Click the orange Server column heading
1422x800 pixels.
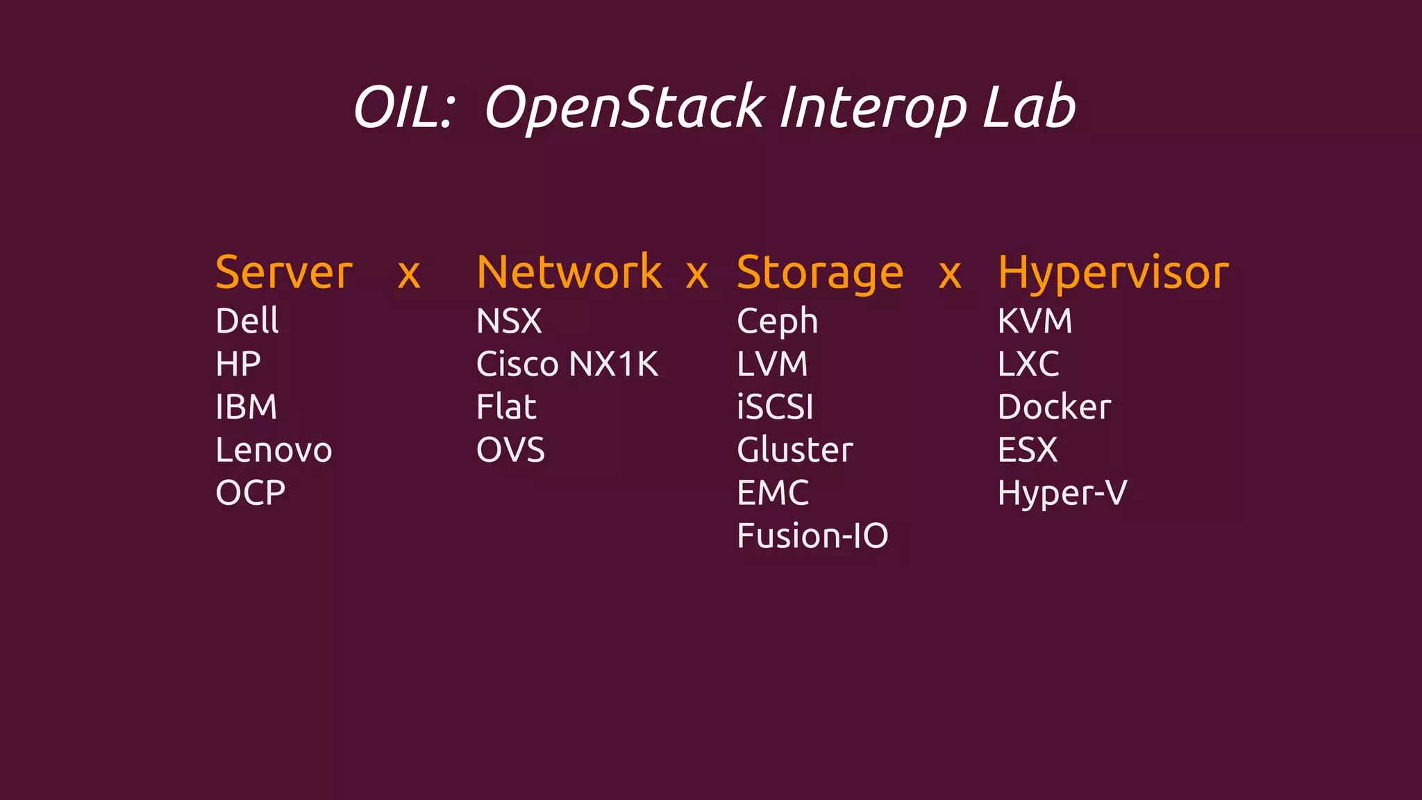(x=284, y=272)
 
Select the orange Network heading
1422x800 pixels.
(x=569, y=272)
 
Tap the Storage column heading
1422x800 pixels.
(x=820, y=274)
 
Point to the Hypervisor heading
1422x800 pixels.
(x=1113, y=274)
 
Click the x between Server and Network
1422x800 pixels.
(x=409, y=275)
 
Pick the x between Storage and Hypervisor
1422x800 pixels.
(x=950, y=275)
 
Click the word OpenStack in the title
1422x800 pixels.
(x=624, y=108)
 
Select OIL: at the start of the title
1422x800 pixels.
(x=403, y=108)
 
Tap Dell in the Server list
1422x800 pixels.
(x=247, y=321)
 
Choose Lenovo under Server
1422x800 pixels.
(x=274, y=450)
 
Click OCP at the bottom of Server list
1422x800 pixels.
(x=251, y=493)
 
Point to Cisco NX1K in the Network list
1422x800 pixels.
(x=567, y=364)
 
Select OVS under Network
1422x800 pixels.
(x=510, y=450)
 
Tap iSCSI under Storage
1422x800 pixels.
(x=775, y=407)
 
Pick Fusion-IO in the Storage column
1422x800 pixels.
(x=812, y=536)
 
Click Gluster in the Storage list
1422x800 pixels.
(x=794, y=450)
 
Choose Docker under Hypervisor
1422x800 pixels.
(x=1054, y=407)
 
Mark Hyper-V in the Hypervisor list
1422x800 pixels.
(x=1062, y=494)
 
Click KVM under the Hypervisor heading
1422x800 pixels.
(x=1035, y=321)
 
